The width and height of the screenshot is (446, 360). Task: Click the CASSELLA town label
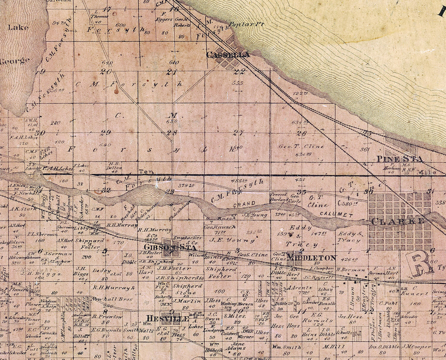228,55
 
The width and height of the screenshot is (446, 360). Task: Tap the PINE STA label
399,159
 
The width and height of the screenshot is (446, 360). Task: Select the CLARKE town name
398,221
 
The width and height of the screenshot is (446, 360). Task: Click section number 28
172,133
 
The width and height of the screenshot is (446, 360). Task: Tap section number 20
106,72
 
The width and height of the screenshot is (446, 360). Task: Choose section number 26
302,134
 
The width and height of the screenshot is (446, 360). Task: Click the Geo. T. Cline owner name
301,146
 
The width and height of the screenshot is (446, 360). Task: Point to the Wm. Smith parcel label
287,347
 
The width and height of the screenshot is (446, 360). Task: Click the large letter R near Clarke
419,263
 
